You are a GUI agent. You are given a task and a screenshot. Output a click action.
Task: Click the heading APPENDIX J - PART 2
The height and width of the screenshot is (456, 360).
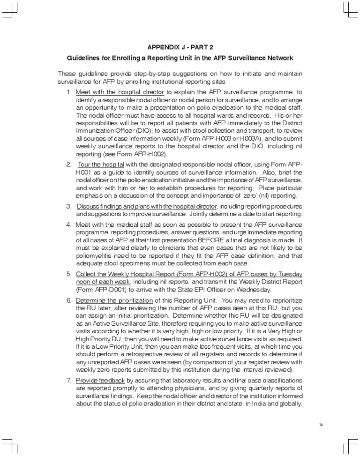click(x=180, y=47)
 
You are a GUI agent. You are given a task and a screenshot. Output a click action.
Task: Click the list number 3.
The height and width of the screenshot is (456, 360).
click(x=68, y=206)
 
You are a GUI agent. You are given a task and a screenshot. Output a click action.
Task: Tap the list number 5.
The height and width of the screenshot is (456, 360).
click(x=68, y=274)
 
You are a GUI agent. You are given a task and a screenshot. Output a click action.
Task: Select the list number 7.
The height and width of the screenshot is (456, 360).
click(x=68, y=379)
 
